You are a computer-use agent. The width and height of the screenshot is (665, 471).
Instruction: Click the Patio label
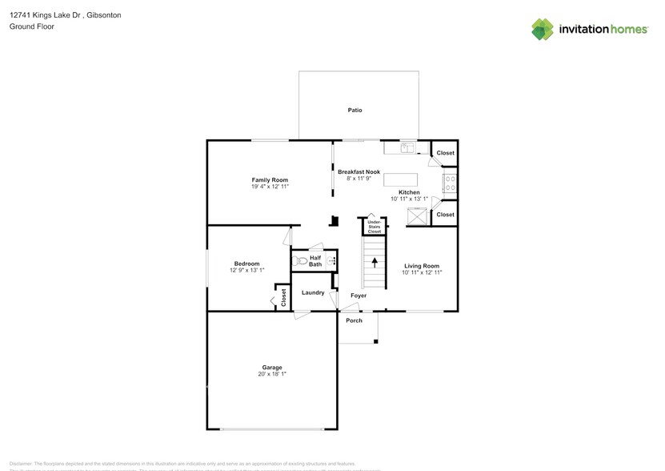pyautogui.click(x=355, y=110)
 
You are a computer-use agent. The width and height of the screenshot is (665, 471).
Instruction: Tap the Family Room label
pyautogui.click(x=270, y=180)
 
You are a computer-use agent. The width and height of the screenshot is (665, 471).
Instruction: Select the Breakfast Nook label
pyautogui.click(x=358, y=172)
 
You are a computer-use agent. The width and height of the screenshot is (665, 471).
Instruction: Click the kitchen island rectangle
pyautogui.click(x=401, y=179)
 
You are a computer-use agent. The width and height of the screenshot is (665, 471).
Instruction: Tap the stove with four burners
pyautogui.click(x=451, y=183)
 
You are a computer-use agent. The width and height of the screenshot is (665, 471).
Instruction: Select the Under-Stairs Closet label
pyautogui.click(x=374, y=227)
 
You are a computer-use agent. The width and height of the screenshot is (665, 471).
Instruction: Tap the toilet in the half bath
pyautogui.click(x=301, y=260)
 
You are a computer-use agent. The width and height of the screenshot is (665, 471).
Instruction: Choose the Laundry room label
pyautogui.click(x=313, y=293)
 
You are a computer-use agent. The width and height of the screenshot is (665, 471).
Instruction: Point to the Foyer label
pyautogui.click(x=359, y=296)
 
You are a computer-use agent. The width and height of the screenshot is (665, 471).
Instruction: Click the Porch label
pyautogui.click(x=354, y=320)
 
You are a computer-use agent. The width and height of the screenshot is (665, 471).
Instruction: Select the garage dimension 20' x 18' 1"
pyautogui.click(x=272, y=374)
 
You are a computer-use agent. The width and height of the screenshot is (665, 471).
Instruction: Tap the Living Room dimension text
pyautogui.click(x=421, y=272)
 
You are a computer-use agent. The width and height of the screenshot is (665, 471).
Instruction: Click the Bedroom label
pyautogui.click(x=246, y=264)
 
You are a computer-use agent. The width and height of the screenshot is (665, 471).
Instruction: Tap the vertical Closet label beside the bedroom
pyautogui.click(x=283, y=297)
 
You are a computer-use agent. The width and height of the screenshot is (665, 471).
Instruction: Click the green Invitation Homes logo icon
pyautogui.click(x=543, y=30)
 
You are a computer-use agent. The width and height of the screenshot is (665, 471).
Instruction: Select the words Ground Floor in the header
pyautogui.click(x=30, y=26)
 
